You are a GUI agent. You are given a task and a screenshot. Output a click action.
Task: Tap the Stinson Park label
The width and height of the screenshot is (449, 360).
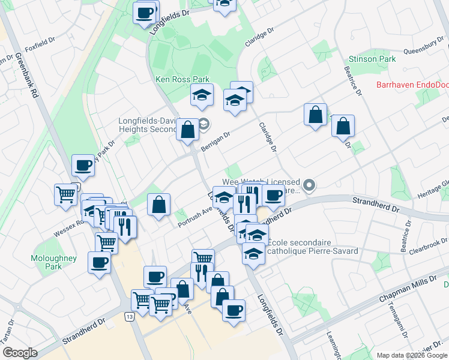(372, 59)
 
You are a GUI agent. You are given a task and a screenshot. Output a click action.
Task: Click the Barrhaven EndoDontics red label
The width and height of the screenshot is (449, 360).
(412, 85)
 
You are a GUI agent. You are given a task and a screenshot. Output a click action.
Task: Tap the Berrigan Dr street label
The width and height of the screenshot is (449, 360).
(216, 142)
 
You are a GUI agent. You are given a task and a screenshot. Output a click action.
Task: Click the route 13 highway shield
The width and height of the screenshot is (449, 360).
(129, 316)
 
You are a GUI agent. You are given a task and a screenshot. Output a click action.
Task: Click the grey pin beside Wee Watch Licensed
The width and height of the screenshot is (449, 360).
(309, 185)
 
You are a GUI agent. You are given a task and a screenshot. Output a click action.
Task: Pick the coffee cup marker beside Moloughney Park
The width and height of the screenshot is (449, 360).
(99, 262)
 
